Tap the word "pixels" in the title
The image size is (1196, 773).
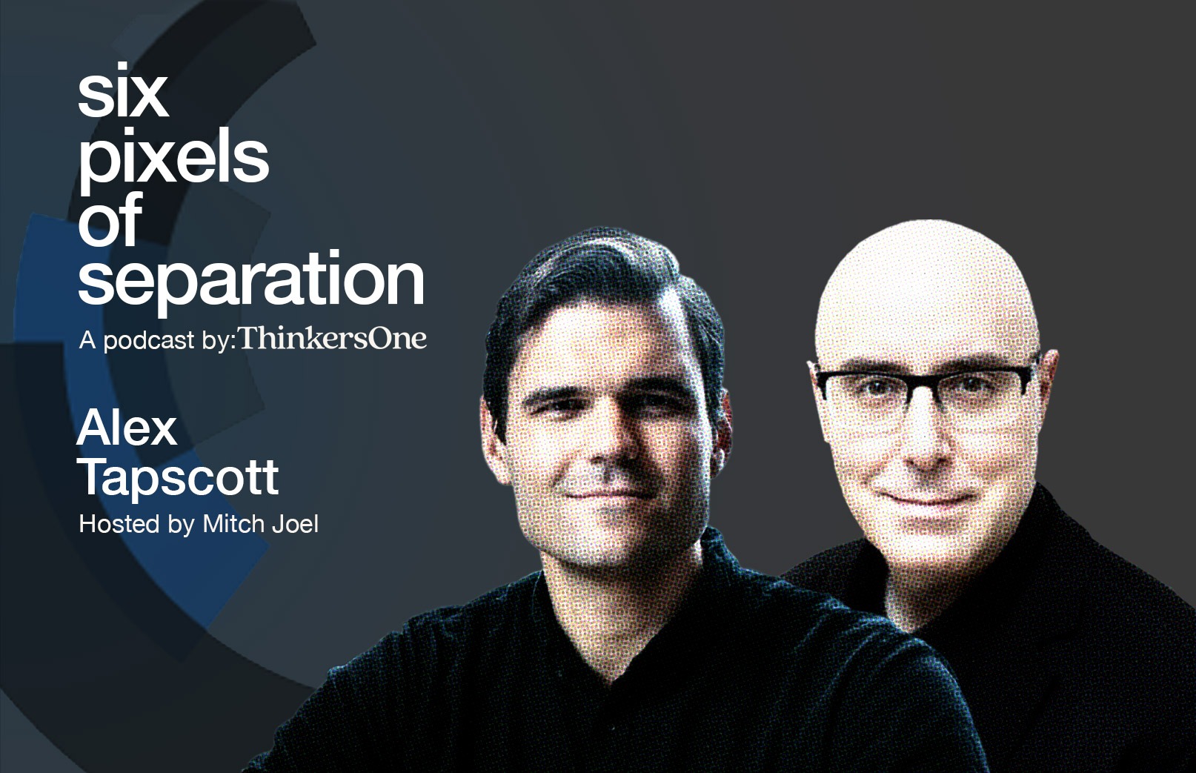173,161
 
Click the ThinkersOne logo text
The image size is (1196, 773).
333,339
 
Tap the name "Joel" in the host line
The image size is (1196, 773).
295,524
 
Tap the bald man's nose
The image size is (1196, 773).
926,443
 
